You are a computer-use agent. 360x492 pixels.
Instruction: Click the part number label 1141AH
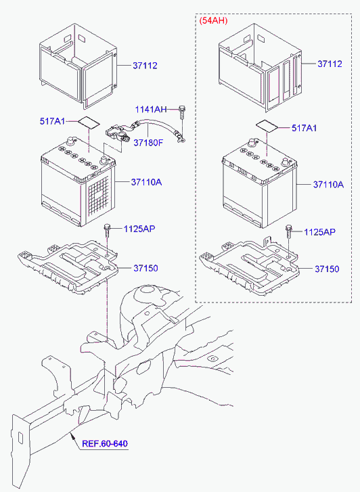tap(150, 110)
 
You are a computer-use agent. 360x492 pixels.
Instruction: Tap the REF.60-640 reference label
tap(104, 444)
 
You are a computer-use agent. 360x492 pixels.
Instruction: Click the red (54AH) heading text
tap(213, 21)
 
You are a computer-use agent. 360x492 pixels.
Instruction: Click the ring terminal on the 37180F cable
tap(180, 140)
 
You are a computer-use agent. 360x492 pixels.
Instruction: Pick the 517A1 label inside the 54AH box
tap(304, 128)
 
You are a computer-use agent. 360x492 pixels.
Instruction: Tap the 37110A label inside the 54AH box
tap(328, 184)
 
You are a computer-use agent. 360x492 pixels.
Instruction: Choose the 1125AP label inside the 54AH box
tap(319, 231)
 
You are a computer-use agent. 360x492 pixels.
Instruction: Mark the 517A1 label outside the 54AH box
tap(51, 121)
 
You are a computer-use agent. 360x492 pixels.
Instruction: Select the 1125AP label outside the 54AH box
tap(139, 229)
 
